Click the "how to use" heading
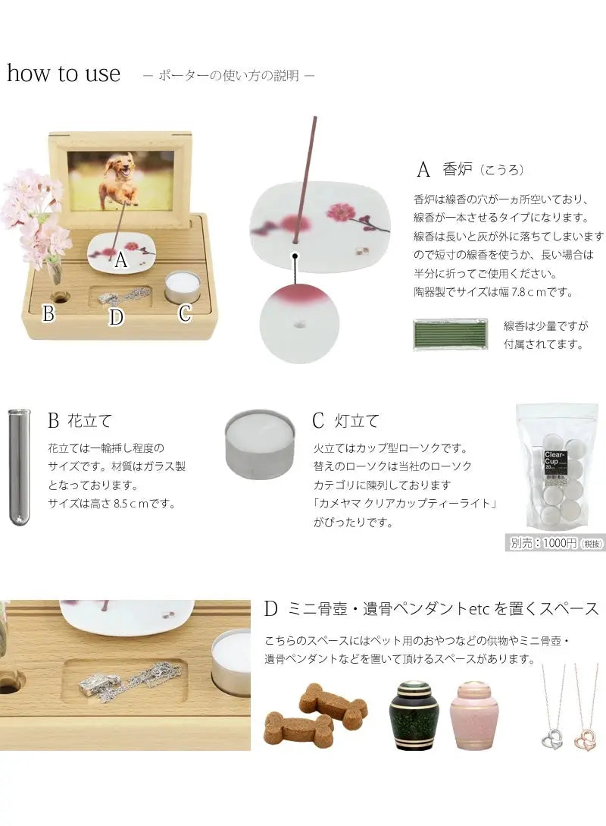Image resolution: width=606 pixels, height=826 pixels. pyautogui.click(x=64, y=74)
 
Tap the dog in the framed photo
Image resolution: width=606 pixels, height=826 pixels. pyautogui.click(x=119, y=179)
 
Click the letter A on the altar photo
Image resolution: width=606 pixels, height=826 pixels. pyautogui.click(x=121, y=259)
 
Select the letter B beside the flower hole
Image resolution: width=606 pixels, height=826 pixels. pyautogui.click(x=48, y=313)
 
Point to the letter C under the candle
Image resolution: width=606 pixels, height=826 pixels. pyautogui.click(x=185, y=313)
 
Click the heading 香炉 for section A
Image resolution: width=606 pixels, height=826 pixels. pyautogui.click(x=457, y=169)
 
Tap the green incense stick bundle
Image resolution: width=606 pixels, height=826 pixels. pyautogui.click(x=450, y=334)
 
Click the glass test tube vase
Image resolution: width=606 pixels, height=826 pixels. pyautogui.click(x=20, y=467)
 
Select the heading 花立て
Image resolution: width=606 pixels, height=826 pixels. pyautogui.click(x=89, y=421)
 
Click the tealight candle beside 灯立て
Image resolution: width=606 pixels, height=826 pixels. pyautogui.click(x=260, y=444)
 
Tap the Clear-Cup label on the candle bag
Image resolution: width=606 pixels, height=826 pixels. pyautogui.click(x=554, y=459)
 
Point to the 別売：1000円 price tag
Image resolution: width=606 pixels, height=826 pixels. pyautogui.click(x=555, y=543)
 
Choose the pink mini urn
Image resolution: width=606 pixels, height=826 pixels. pyautogui.click(x=471, y=716)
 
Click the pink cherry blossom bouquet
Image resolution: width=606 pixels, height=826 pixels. pyautogui.click(x=34, y=216)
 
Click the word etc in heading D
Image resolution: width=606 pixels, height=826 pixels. pyautogui.click(x=479, y=610)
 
